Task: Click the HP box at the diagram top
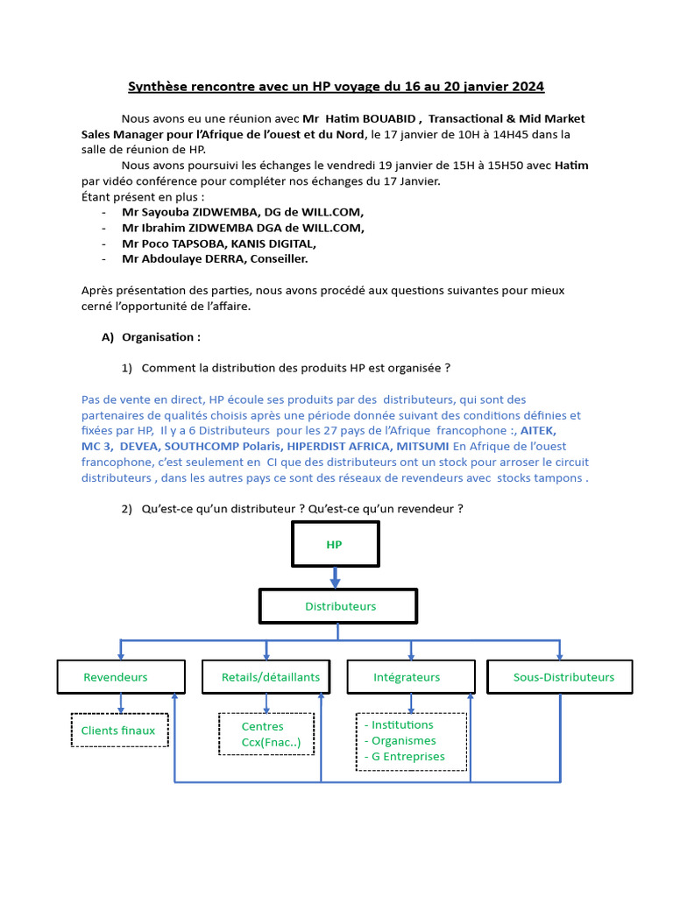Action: (334, 544)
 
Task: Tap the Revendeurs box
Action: (121, 676)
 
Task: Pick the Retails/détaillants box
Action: (271, 676)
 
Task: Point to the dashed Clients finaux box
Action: (119, 730)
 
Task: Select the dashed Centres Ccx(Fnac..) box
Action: (266, 734)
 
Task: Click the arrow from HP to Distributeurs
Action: (335, 577)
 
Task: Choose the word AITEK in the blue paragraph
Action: (538, 431)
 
